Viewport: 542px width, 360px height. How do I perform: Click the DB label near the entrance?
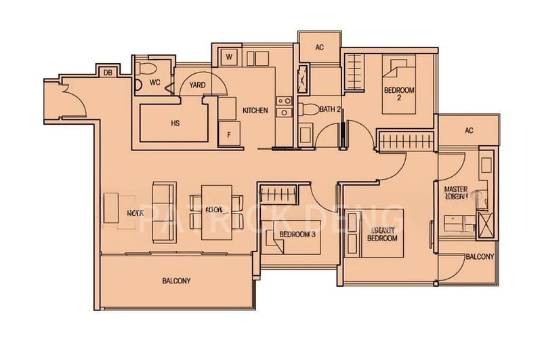click(108, 73)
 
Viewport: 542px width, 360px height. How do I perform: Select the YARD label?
click(197, 85)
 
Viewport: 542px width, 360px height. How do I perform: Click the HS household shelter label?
click(175, 123)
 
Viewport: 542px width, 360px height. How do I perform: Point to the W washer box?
click(230, 56)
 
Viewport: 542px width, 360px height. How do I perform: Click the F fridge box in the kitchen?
click(229, 134)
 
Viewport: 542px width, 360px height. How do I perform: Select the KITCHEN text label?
click(255, 110)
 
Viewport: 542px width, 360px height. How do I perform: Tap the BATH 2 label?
click(331, 108)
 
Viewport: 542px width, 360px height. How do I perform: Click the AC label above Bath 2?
click(319, 48)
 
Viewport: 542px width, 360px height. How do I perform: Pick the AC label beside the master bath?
click(468, 131)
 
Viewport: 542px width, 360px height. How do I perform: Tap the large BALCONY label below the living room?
click(176, 280)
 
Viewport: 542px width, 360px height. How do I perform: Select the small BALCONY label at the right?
click(478, 257)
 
